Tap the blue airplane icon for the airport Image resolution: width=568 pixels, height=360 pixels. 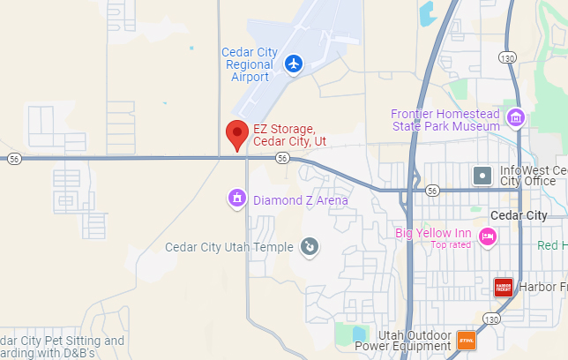(x=294, y=64)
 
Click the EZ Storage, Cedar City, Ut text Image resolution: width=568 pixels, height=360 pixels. (x=290, y=135)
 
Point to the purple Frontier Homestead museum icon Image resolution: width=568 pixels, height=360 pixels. (x=515, y=117)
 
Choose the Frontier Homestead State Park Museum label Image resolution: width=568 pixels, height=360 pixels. (x=445, y=120)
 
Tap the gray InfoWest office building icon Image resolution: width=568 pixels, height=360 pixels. (x=482, y=175)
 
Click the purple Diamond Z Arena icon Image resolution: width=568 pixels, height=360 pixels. (x=235, y=199)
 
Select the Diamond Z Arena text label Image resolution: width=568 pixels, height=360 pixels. (x=300, y=200)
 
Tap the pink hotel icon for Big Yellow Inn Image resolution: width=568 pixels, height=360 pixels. (x=487, y=236)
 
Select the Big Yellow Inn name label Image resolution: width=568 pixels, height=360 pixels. (x=434, y=233)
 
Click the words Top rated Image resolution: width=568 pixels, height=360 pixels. (x=451, y=244)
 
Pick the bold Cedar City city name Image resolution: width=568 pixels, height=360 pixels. (x=517, y=215)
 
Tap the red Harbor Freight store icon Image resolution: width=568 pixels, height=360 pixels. (x=503, y=287)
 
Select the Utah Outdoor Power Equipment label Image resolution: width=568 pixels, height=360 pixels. (x=414, y=341)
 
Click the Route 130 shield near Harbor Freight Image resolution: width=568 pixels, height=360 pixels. (x=491, y=318)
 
